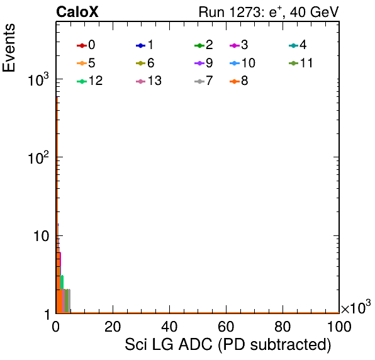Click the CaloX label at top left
77,12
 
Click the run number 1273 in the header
245,12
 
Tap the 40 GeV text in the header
314,12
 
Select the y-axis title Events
9,48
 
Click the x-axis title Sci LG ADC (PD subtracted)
228,344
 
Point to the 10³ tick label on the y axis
38,79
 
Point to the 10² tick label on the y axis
38,157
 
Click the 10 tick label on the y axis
41,237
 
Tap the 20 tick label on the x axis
113,327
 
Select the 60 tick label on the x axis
226,327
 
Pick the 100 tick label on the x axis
339,327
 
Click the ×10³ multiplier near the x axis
356,307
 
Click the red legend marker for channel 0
82,45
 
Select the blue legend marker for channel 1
141,45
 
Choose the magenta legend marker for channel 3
235,45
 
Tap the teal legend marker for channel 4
293,45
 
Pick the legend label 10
249,63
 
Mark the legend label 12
96,81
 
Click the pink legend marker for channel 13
141,82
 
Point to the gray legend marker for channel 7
199,82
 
